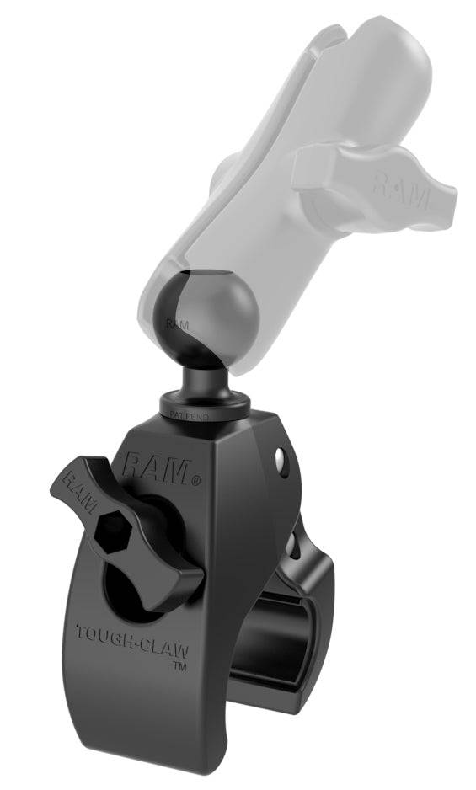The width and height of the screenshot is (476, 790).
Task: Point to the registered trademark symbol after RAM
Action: tap(196, 483)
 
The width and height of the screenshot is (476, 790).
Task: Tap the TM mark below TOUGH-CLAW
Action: tap(179, 665)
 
